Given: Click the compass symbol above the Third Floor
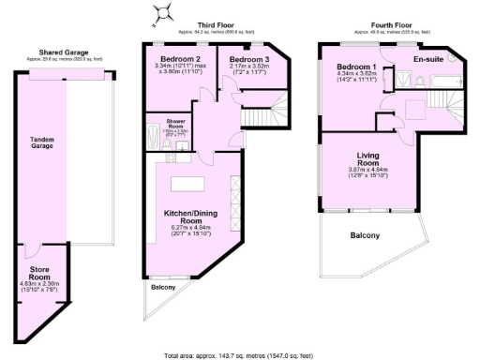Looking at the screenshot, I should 165,11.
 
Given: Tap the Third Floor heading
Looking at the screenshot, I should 216,24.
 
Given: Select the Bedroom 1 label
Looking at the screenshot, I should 357,67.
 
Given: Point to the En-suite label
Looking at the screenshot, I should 427,59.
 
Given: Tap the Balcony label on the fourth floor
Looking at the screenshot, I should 366,234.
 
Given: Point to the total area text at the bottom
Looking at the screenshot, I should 240,354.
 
